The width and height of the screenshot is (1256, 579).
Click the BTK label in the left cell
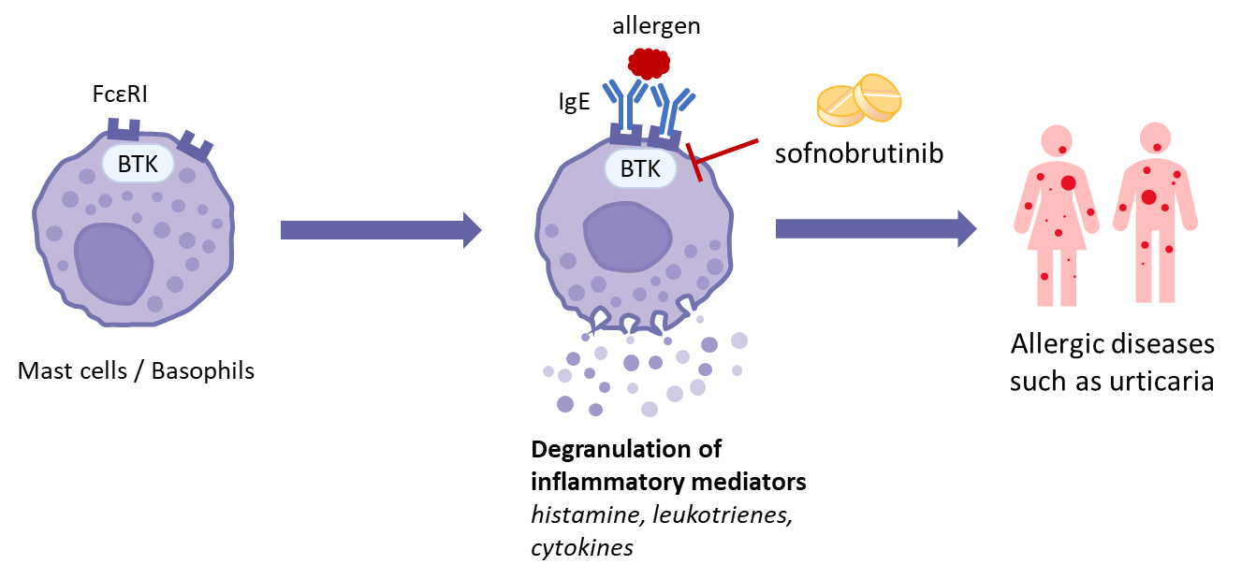pos(138,164)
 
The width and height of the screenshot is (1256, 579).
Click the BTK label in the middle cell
pos(640,169)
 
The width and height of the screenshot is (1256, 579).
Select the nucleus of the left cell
pos(113,263)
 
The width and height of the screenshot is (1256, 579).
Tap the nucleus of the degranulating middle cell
pos(627,236)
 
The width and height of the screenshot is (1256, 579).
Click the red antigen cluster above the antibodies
pos(649,63)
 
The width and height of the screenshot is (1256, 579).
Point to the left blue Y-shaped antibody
pos(622,103)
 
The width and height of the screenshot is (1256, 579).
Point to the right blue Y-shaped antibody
pos(672,108)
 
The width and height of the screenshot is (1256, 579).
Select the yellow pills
pos(859,99)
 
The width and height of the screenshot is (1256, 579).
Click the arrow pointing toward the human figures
pos(875,228)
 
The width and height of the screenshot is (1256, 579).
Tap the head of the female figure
pos(1057,141)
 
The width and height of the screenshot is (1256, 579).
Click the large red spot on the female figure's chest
pos(1068,183)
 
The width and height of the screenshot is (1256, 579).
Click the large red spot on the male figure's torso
pos(1148,197)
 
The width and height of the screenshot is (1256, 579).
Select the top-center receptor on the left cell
pos(124,129)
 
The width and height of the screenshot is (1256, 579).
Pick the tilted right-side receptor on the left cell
pos(196,145)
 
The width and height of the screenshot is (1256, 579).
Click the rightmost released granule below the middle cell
pos(739,340)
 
